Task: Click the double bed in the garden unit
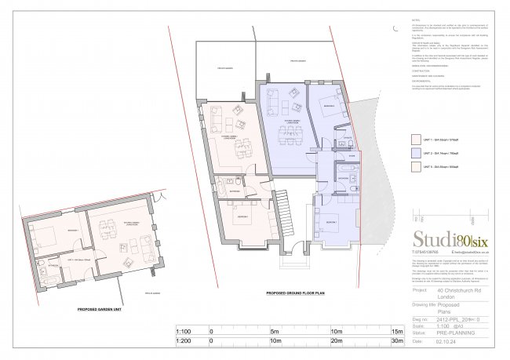[x=47, y=233]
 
